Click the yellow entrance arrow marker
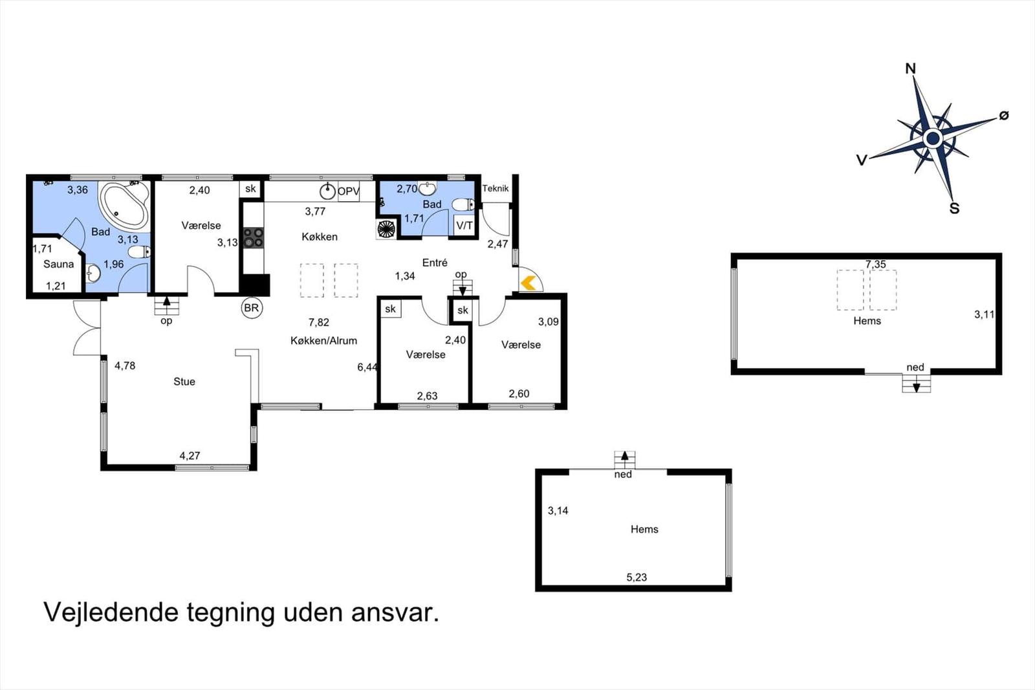tap(528, 283)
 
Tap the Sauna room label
tap(59, 264)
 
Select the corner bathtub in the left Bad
tap(124, 204)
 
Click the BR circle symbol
tap(252, 308)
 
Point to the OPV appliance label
tap(349, 191)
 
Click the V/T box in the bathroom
tap(464, 226)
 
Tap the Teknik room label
tap(496, 188)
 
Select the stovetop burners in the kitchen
tap(253, 237)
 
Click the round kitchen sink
tap(327, 191)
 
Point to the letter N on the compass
tap(910, 69)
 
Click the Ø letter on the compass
tap(1003, 116)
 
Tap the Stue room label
tap(184, 382)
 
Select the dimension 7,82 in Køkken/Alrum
tap(319, 323)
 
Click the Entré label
tap(435, 263)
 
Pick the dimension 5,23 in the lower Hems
tap(637, 577)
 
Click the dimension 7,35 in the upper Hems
tap(876, 264)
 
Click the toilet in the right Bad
tap(463, 204)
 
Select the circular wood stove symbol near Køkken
tap(386, 229)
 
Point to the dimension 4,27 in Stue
tap(190, 456)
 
